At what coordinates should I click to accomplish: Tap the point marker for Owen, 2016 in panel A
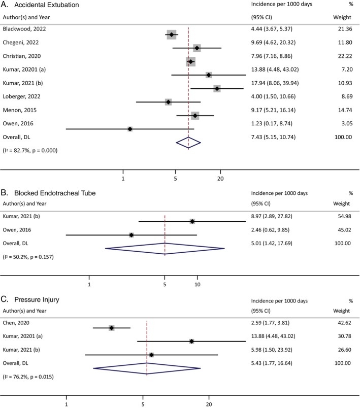pyautogui.click(x=130, y=129)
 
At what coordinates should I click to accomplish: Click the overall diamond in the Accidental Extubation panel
pyautogui.click(x=188, y=144)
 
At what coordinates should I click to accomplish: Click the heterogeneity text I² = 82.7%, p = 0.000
pyautogui.click(x=30, y=150)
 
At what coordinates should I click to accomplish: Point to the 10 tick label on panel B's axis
pyautogui.click(x=198, y=285)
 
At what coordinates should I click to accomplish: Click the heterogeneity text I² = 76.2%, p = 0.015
pyautogui.click(x=30, y=377)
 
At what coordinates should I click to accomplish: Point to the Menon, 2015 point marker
pyautogui.click(x=195, y=116)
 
